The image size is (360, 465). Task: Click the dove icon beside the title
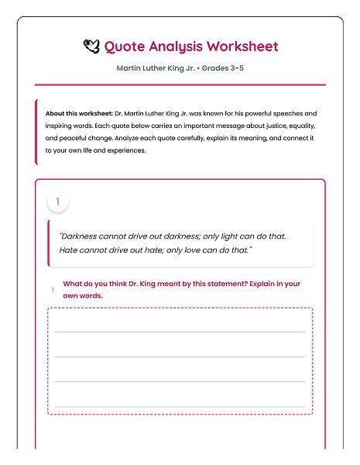point(91,46)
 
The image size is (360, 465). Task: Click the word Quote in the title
point(123,46)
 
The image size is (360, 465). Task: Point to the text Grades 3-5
point(224,68)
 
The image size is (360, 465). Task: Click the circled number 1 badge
point(57,202)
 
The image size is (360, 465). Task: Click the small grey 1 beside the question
point(53,290)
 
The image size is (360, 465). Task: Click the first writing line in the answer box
point(180,331)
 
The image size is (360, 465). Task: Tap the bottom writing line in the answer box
point(180,405)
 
